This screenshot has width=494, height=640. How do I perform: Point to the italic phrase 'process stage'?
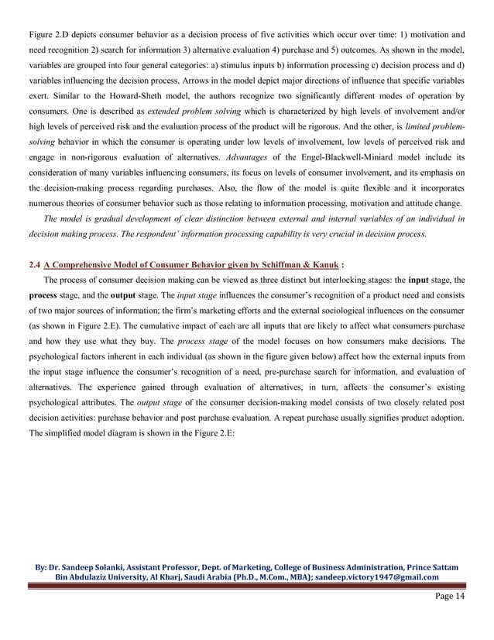click(201, 342)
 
